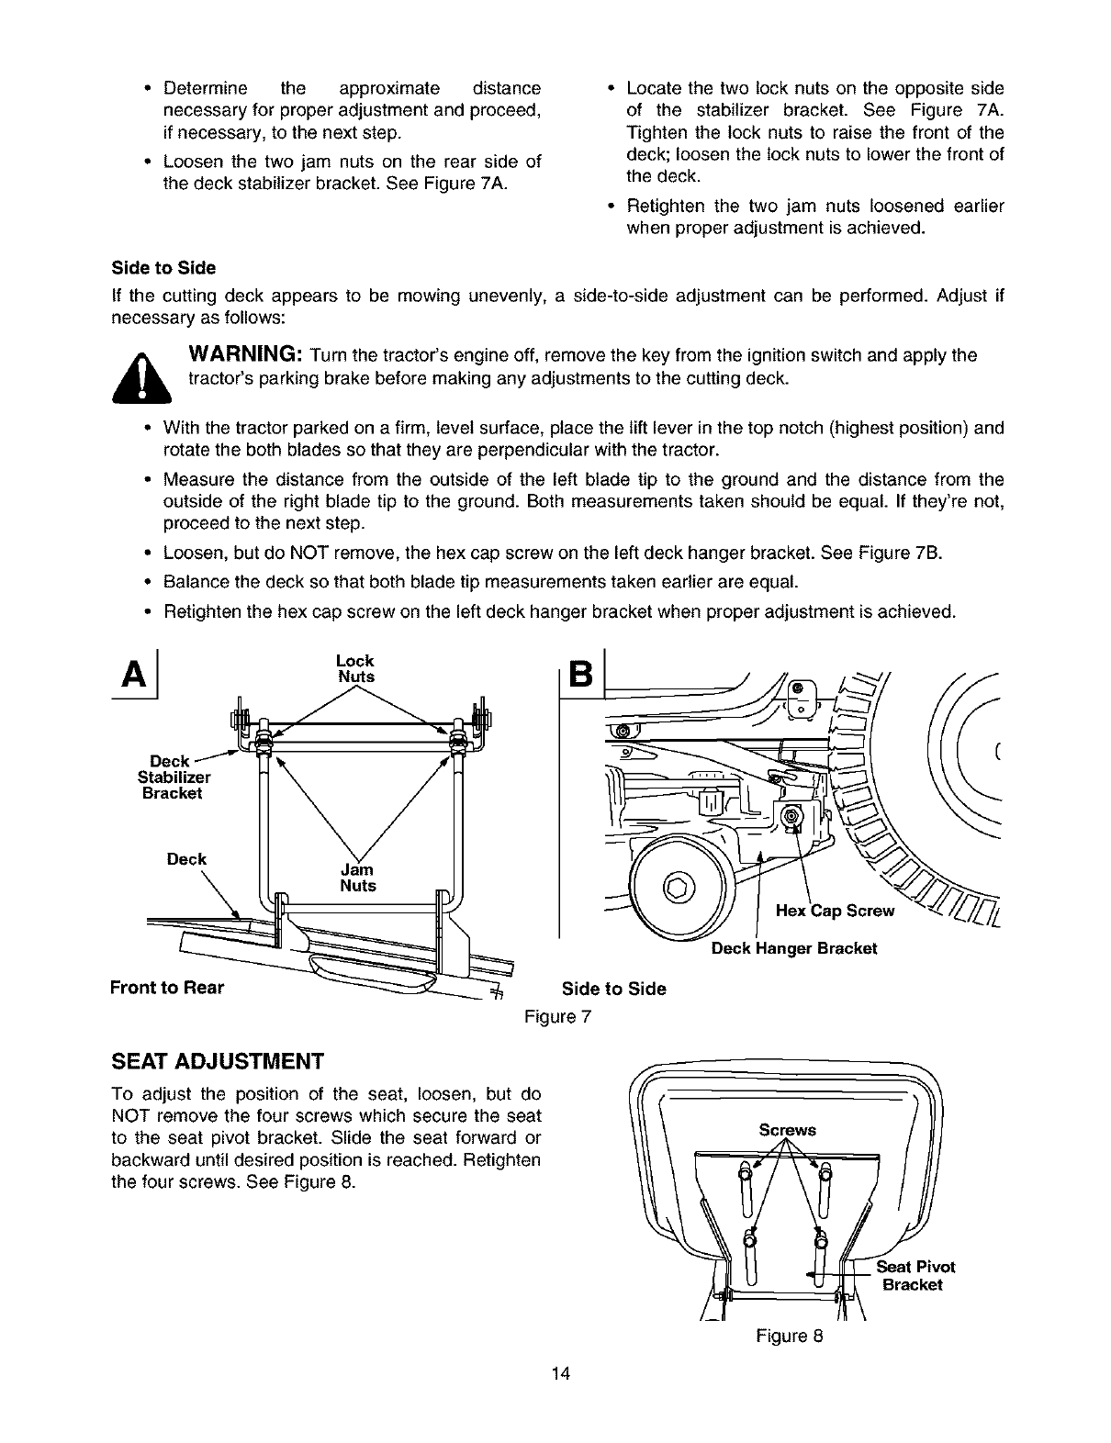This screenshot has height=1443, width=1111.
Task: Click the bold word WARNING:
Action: pyautogui.click(x=246, y=355)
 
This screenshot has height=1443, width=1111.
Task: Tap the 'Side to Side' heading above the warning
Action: pyautogui.click(x=163, y=268)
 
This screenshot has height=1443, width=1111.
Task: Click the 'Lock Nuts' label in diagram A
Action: pyautogui.click(x=355, y=668)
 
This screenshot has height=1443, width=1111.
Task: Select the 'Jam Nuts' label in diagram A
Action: pyautogui.click(x=357, y=878)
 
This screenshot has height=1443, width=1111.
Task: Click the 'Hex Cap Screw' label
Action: pyautogui.click(x=835, y=911)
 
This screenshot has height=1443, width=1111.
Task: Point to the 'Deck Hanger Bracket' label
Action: pyautogui.click(x=794, y=948)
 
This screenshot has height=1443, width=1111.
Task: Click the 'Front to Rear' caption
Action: pyautogui.click(x=166, y=988)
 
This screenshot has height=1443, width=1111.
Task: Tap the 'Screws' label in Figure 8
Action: pyautogui.click(x=787, y=1130)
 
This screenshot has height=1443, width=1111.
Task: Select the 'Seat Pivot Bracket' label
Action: pyautogui.click(x=915, y=1276)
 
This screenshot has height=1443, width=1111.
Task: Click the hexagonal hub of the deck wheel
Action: pyautogui.click(x=678, y=887)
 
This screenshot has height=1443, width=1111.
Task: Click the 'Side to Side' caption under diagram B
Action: pyautogui.click(x=613, y=989)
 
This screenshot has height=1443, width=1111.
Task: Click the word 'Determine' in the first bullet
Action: pyautogui.click(x=205, y=89)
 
